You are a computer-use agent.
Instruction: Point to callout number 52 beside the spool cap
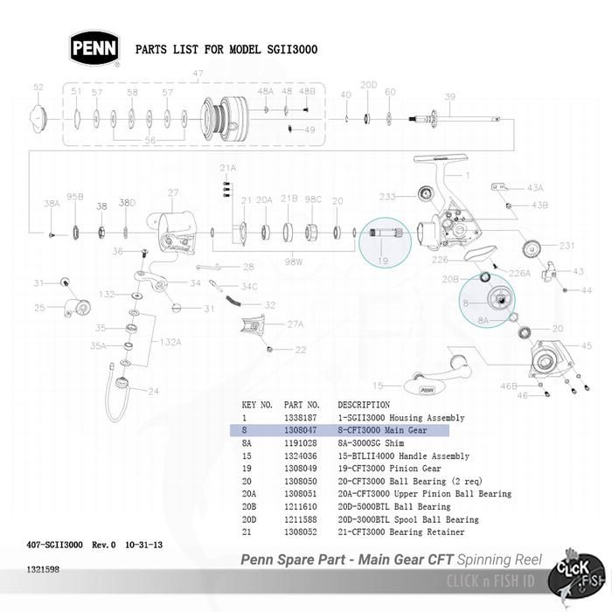(x=38, y=87)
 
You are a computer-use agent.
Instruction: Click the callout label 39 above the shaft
(x=450, y=96)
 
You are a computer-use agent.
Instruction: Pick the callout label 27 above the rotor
(x=173, y=193)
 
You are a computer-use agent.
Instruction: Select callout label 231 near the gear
(x=567, y=246)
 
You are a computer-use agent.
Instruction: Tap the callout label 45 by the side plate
(x=587, y=321)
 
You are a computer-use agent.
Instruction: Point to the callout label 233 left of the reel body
(x=387, y=197)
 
